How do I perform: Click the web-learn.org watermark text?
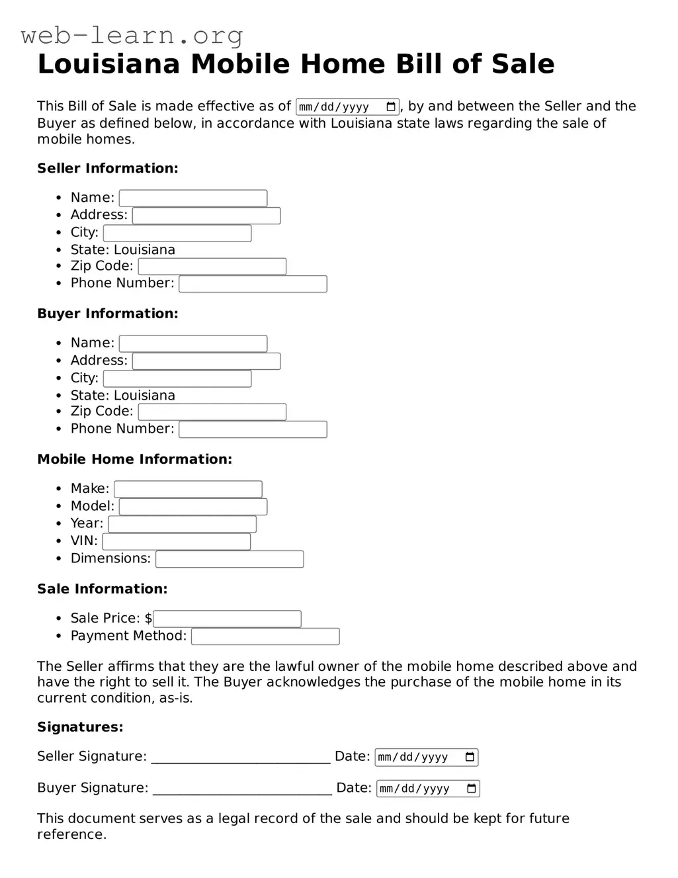coord(132,35)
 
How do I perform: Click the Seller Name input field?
coord(193,198)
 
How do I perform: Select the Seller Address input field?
coord(206,216)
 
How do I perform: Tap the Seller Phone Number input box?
coord(253,284)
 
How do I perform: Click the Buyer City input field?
coord(177,378)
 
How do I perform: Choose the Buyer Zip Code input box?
coord(212,412)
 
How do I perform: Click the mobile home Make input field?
coord(189,489)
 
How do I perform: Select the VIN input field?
coord(177,541)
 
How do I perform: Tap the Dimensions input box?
coord(230,559)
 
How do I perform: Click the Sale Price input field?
coord(227,619)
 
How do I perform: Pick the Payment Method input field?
coord(265,637)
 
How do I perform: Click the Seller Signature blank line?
coord(241,758)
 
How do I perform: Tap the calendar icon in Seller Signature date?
coord(470,757)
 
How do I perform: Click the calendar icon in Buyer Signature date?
coord(472,789)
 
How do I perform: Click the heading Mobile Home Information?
coord(134,459)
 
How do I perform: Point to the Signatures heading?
coord(80,727)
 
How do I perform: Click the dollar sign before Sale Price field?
coord(148,619)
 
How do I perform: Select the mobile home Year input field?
coord(183,524)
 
